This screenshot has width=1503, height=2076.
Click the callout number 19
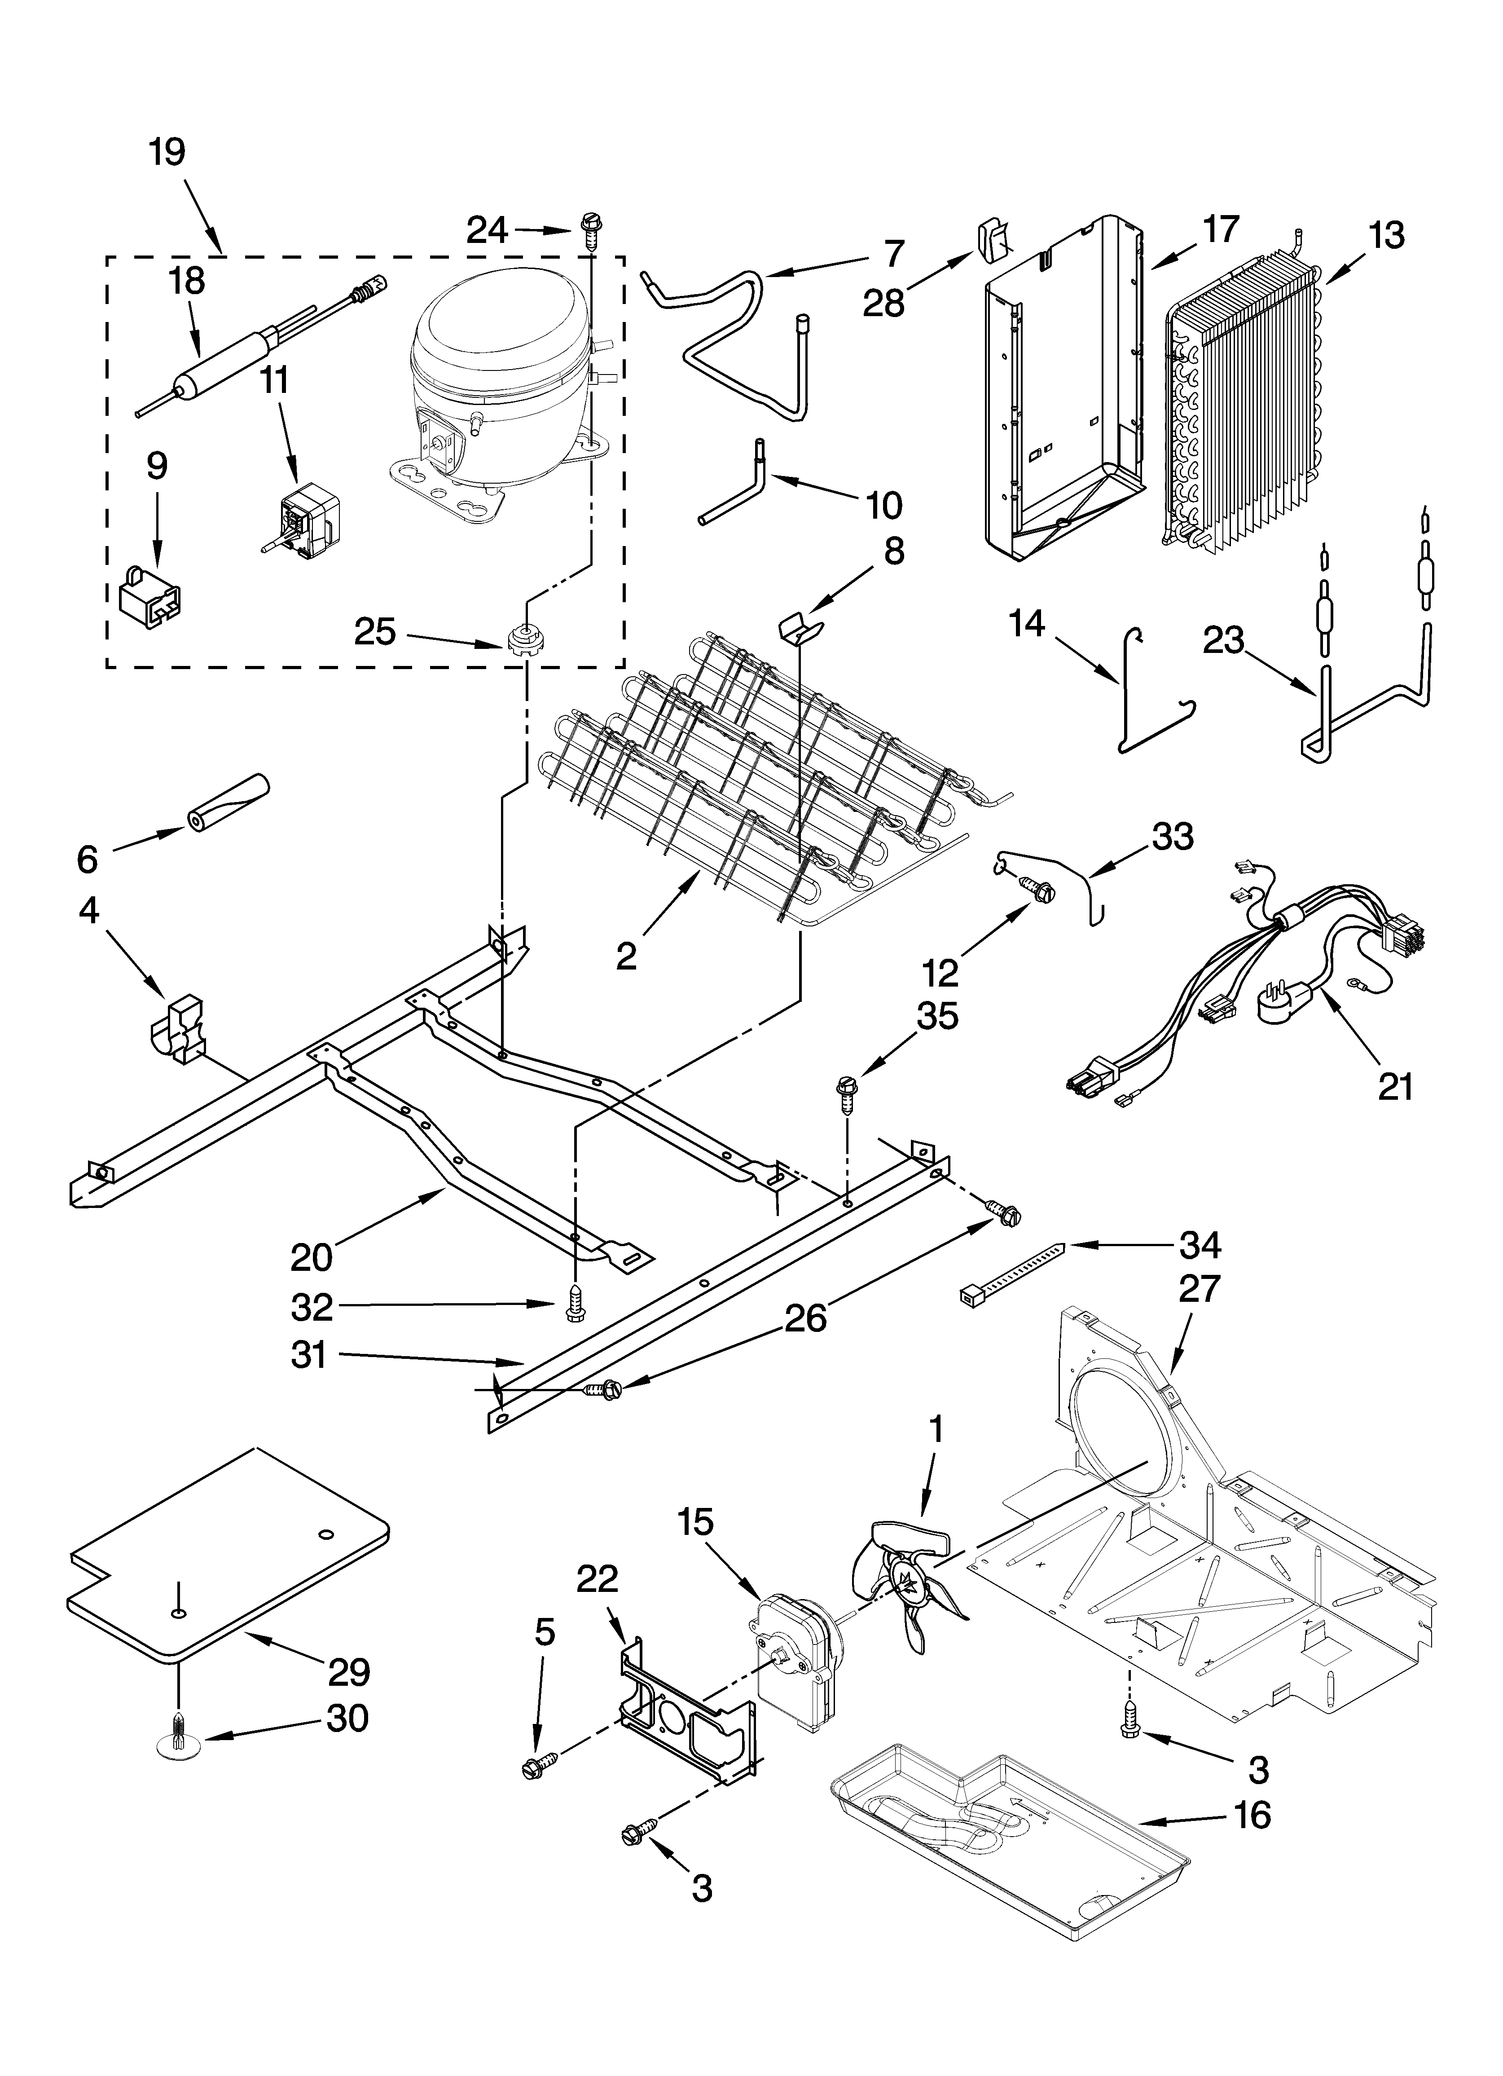tap(167, 152)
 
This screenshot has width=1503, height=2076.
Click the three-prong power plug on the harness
tap(1287, 1007)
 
